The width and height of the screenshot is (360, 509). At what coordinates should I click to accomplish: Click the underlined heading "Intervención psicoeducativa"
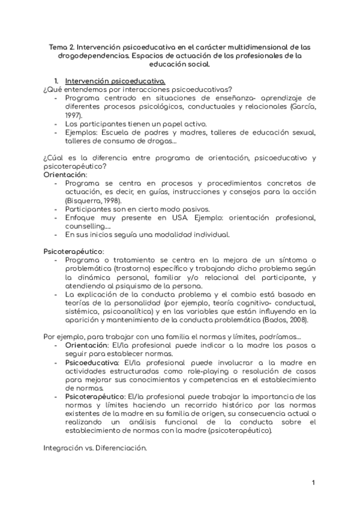click(x=115, y=81)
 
